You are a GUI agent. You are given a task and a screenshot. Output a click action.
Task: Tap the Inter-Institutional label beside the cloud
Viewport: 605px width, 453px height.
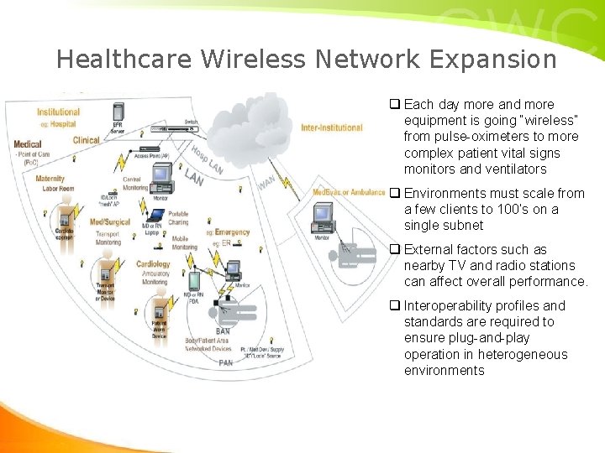pos(332,128)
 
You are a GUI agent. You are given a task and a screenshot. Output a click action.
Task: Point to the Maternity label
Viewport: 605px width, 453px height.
pos(50,179)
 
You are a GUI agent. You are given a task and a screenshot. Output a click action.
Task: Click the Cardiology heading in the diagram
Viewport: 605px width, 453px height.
pos(153,263)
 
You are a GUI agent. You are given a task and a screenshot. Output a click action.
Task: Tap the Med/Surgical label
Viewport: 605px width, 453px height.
pos(109,222)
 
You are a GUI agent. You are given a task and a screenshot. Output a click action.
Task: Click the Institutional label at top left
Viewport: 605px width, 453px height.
pos(58,112)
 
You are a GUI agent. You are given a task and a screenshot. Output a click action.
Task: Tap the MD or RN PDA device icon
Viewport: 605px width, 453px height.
pos(193,280)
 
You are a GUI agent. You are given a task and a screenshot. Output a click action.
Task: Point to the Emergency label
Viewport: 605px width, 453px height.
pos(232,232)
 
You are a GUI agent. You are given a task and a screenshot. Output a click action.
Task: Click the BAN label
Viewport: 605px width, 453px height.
pos(223,331)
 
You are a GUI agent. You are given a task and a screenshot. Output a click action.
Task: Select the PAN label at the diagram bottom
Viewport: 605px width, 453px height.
pos(226,363)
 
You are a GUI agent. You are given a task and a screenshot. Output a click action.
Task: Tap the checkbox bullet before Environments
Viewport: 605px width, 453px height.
pos(393,194)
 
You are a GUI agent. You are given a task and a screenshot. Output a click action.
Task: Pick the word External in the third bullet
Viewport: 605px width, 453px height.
pos(429,250)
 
